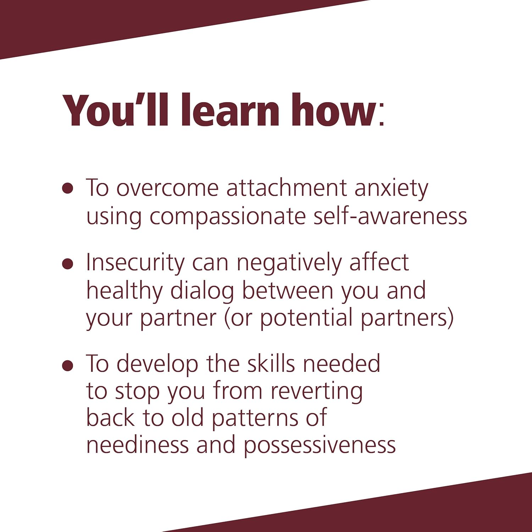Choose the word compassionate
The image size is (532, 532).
[x=227, y=216]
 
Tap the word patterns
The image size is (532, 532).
[x=255, y=419]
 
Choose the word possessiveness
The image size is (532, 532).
[x=320, y=446]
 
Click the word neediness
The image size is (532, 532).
[x=138, y=445]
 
